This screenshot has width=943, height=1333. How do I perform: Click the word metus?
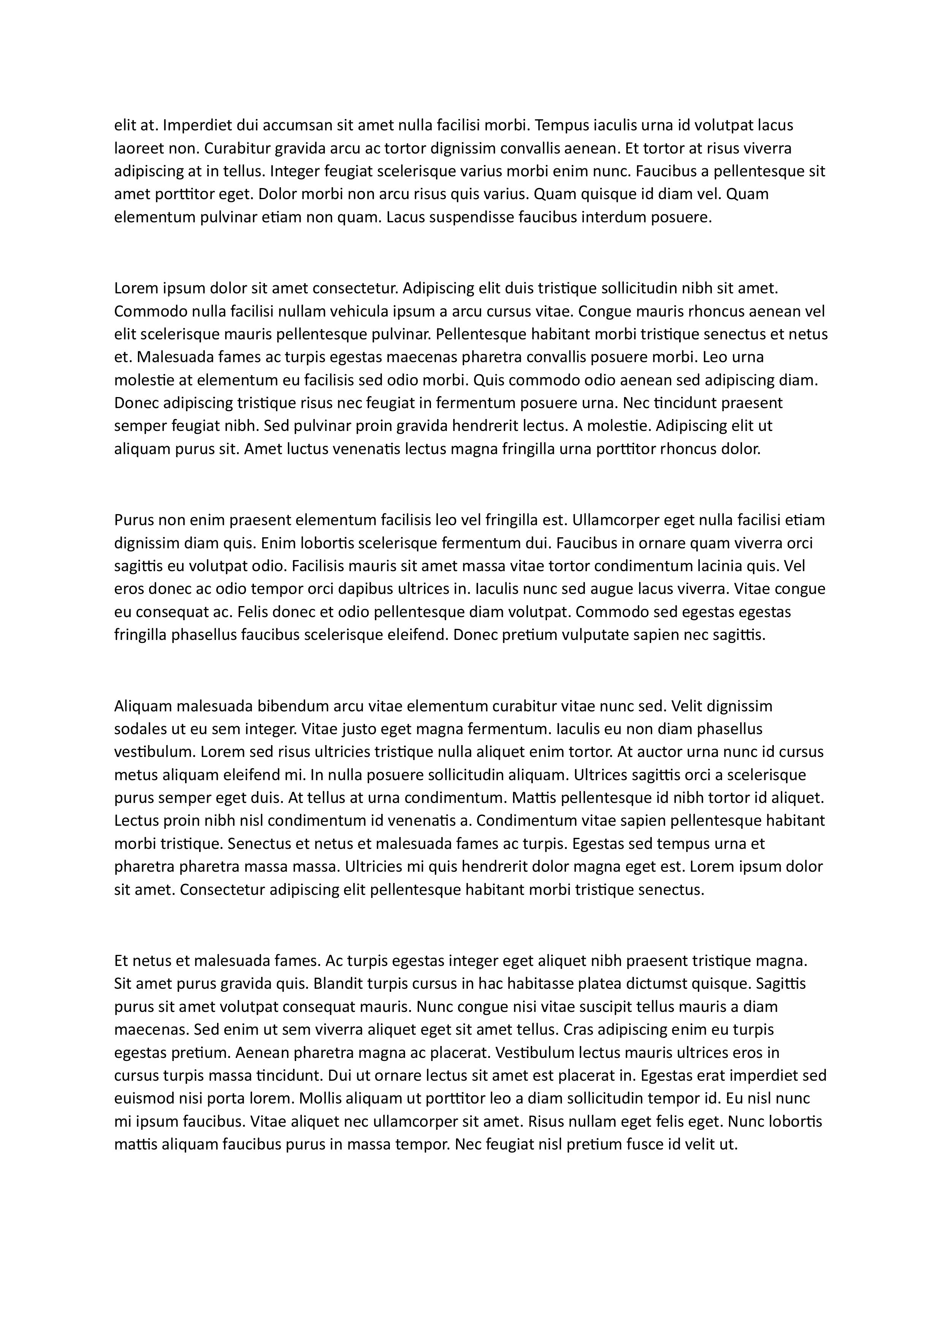tap(132, 775)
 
